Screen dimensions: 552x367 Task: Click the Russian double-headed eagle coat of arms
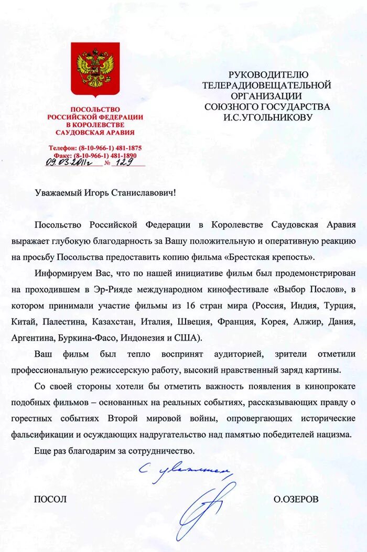pos(95,69)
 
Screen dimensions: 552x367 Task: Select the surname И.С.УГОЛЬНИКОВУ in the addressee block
pos(267,117)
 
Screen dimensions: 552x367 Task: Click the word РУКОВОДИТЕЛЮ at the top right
pos(268,75)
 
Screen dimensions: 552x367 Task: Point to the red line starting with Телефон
pos(95,148)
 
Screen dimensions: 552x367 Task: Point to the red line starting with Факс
pos(95,156)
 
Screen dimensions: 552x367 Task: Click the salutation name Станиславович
pos(144,193)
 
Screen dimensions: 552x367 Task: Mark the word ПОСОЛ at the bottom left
pos(50,500)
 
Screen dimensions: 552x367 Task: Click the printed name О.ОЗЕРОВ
pos(296,500)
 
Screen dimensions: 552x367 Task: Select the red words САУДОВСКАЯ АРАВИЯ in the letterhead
pos(95,133)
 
